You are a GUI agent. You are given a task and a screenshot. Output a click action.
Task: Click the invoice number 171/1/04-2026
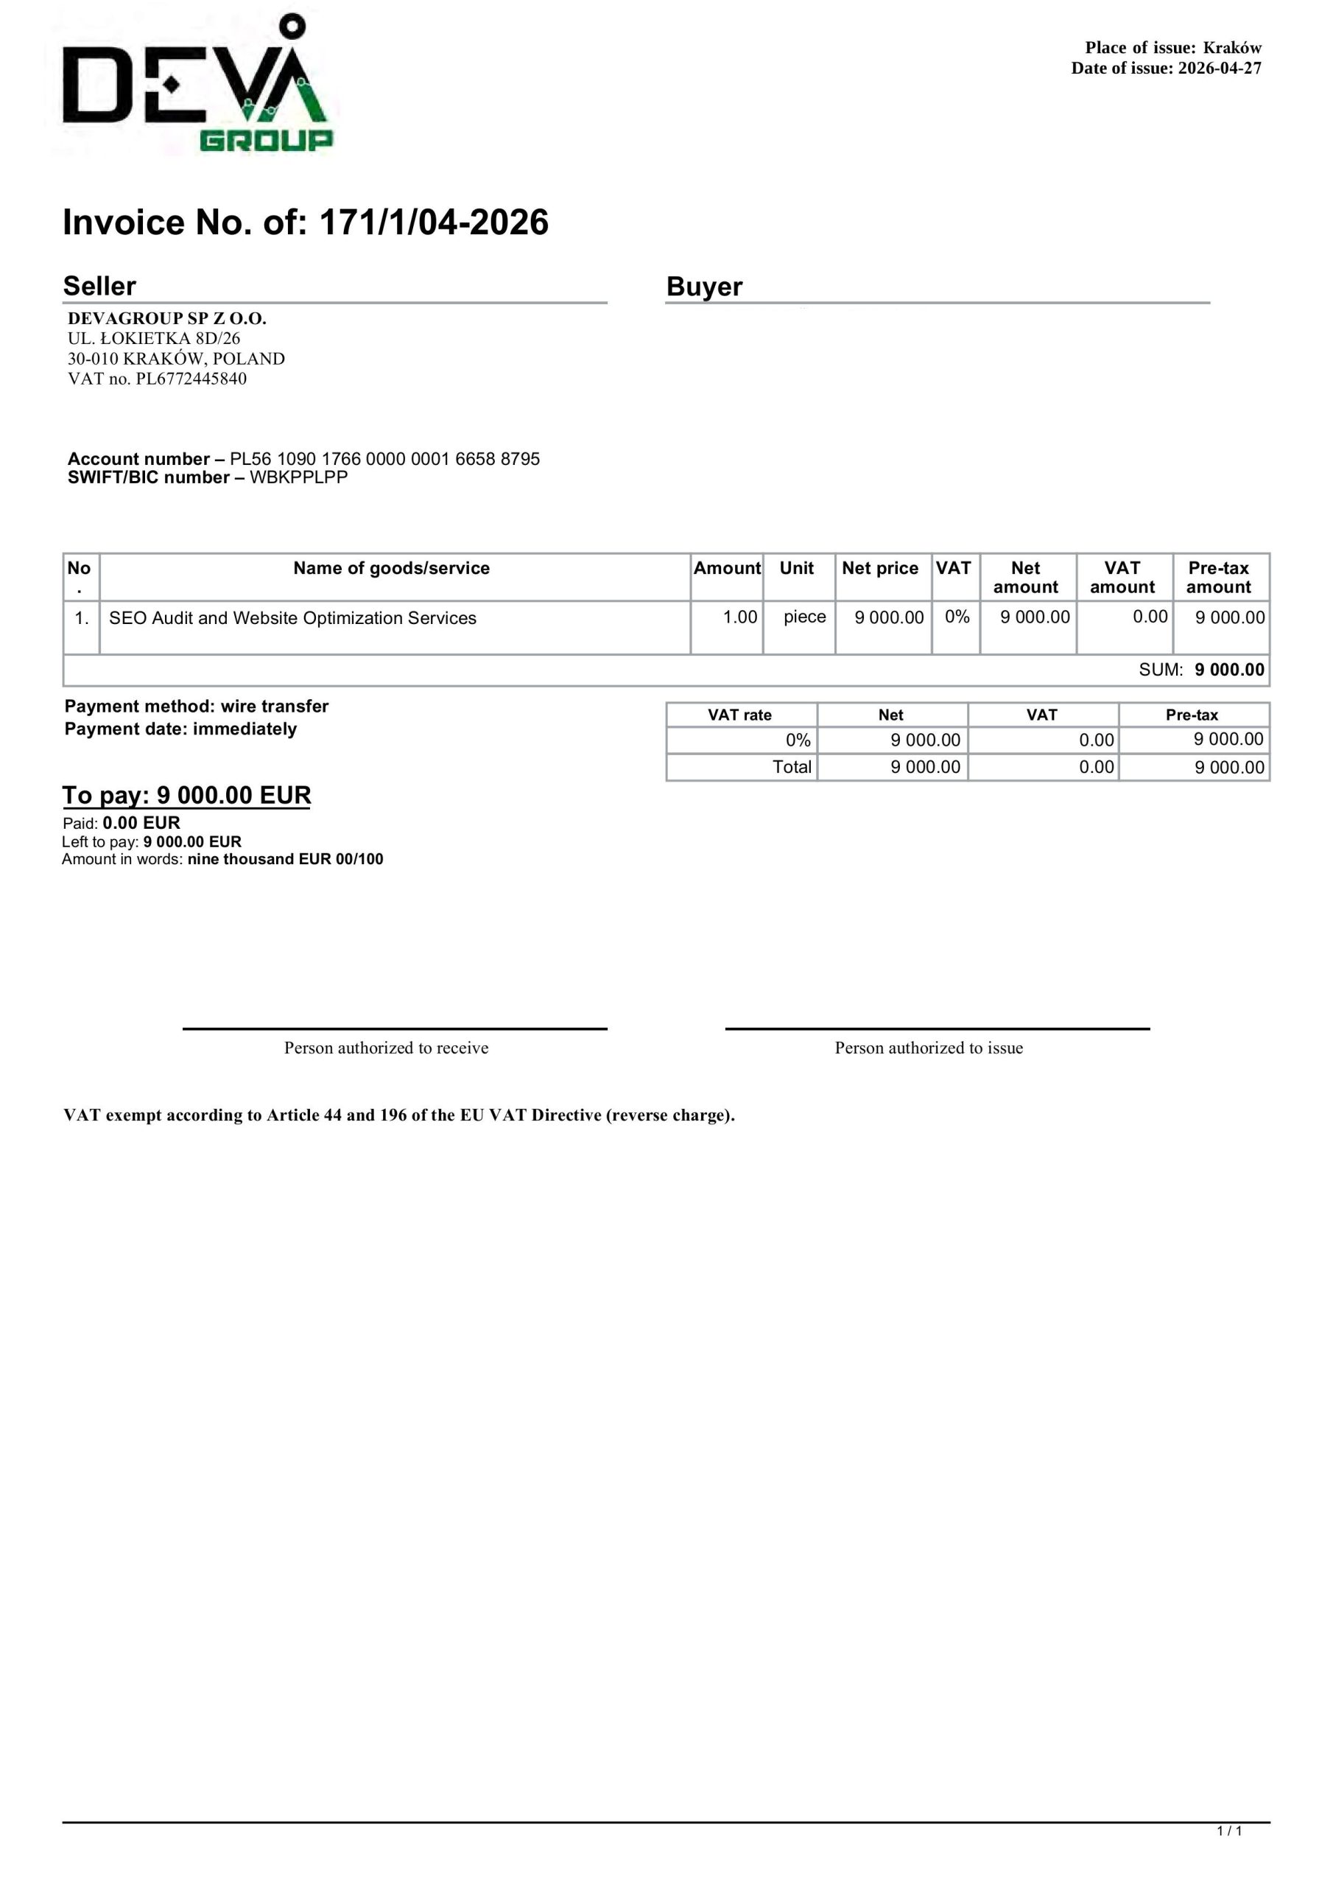tap(433, 222)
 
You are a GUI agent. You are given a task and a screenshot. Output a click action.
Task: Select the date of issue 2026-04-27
tap(1219, 69)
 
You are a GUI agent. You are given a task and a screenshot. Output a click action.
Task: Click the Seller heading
tap(99, 286)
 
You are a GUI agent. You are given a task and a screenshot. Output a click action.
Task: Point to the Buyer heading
tap(704, 287)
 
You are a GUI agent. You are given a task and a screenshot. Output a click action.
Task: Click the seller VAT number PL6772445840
tap(191, 379)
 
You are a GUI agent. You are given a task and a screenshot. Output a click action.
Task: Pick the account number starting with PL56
tap(384, 459)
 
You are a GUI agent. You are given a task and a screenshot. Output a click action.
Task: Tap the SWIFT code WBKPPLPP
tap(298, 478)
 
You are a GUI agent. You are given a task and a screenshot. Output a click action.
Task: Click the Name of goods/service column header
tap(391, 569)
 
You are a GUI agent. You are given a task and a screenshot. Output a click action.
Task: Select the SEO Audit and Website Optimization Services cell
tap(292, 619)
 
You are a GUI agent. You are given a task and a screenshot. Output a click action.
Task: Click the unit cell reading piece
tap(804, 617)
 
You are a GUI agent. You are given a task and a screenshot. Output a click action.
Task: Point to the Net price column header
tap(879, 569)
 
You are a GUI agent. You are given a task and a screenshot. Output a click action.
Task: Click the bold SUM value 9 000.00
tap(1228, 670)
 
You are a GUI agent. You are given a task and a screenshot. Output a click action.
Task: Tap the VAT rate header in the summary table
tap(739, 715)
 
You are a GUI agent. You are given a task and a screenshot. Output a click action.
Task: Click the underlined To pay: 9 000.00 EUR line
tap(186, 795)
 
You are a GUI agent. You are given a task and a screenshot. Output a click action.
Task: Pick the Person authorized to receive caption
tap(386, 1048)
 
